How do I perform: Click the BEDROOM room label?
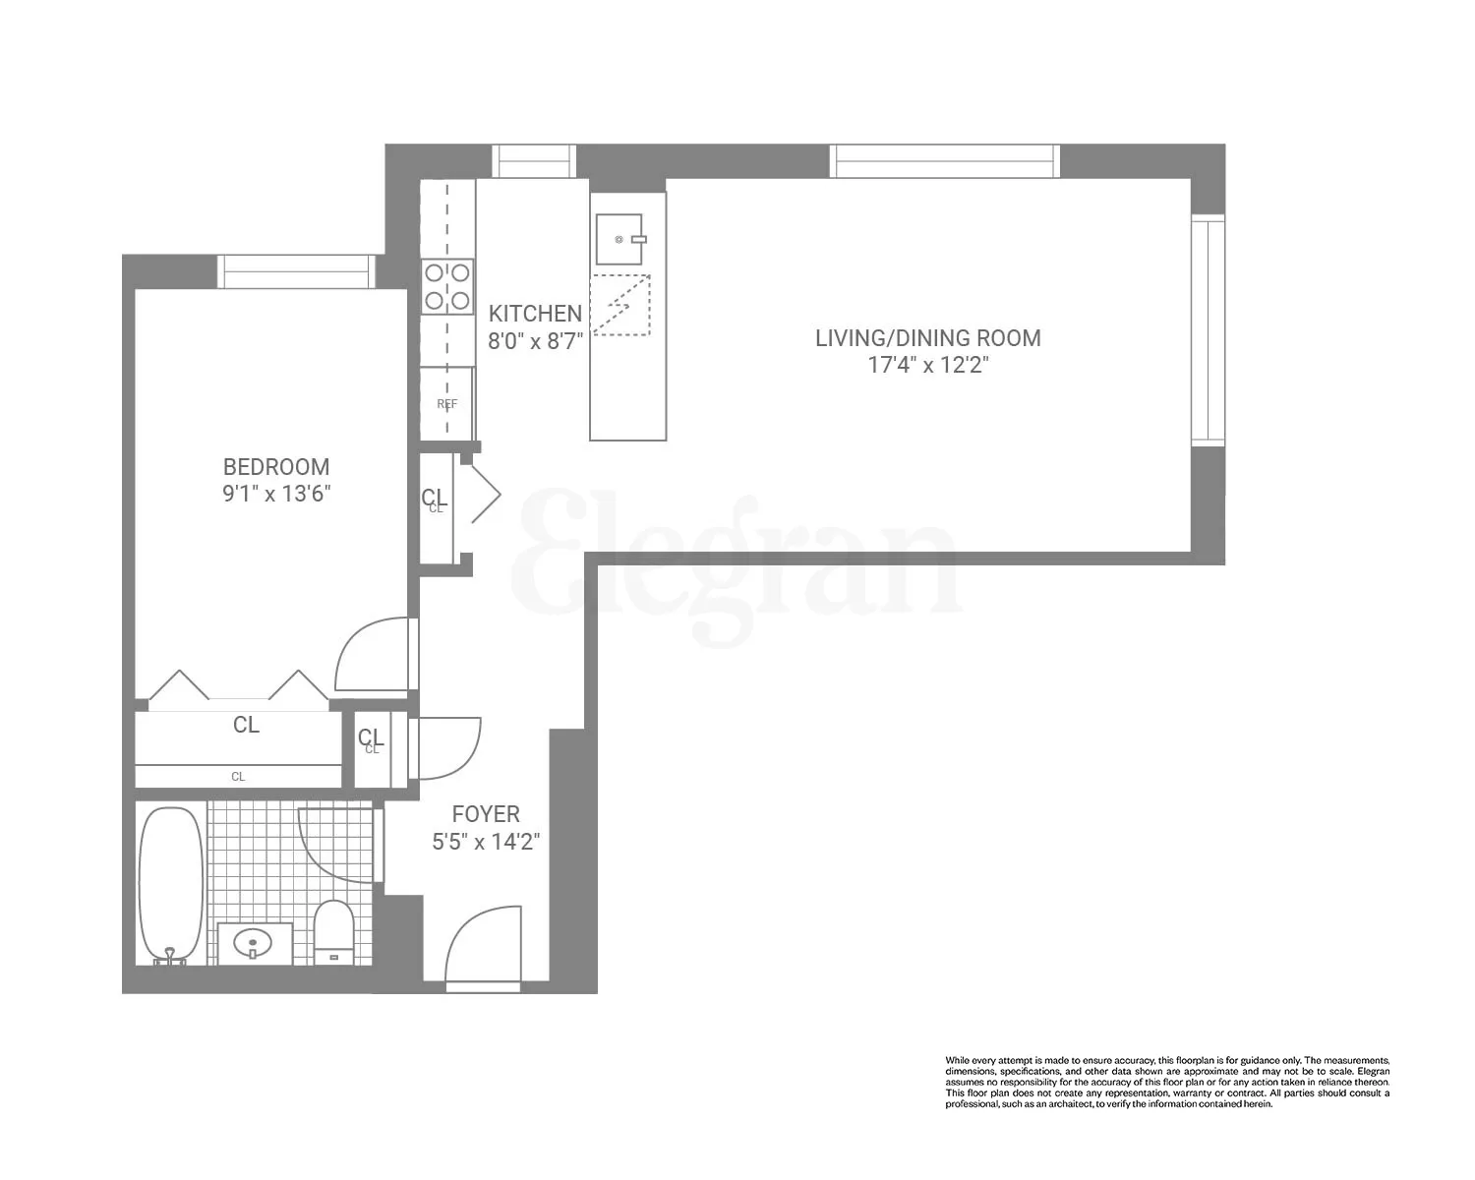(275, 467)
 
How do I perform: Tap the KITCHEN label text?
(535, 314)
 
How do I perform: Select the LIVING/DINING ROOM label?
(927, 338)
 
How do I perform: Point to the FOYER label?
(486, 814)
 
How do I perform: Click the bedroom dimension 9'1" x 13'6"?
(275, 494)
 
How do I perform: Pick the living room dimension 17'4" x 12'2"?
(927, 366)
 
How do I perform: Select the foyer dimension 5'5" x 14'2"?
(486, 842)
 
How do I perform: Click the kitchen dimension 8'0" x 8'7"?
(535, 341)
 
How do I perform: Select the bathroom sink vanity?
(254, 945)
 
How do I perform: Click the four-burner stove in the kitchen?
(447, 286)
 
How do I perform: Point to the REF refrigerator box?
(446, 403)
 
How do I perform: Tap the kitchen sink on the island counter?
(619, 239)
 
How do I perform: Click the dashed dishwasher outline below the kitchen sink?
(620, 306)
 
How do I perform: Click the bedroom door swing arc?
(374, 654)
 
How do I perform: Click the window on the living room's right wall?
(1208, 329)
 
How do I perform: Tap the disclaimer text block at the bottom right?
(1167, 1082)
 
